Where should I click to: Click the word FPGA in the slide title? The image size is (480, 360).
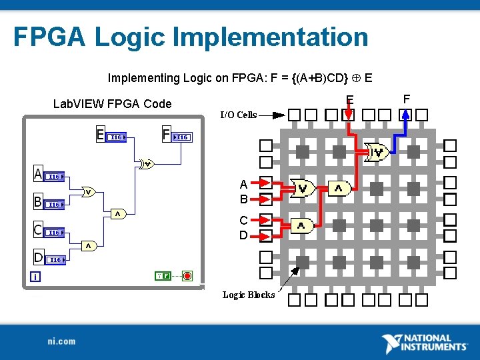click(x=49, y=37)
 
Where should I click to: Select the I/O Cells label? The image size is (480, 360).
click(x=238, y=115)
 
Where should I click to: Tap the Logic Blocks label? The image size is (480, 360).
click(x=248, y=295)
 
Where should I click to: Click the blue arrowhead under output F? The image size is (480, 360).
click(x=404, y=115)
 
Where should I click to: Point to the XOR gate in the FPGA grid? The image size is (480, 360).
click(x=378, y=153)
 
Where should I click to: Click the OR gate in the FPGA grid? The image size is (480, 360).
click(x=303, y=189)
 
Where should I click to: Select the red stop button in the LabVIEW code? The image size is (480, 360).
click(x=187, y=275)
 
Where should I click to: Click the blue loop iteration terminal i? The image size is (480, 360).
click(x=35, y=276)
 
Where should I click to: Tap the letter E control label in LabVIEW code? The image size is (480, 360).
click(x=100, y=135)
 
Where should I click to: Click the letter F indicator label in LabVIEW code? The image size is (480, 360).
click(x=167, y=135)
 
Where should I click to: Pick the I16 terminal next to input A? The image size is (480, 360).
click(x=56, y=177)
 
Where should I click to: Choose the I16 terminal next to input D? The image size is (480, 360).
click(x=56, y=259)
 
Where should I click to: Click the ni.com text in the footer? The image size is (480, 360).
click(x=61, y=341)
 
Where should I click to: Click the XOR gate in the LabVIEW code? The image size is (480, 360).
click(x=146, y=164)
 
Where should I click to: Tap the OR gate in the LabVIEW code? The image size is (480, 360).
click(x=88, y=192)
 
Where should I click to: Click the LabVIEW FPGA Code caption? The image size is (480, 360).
click(x=112, y=104)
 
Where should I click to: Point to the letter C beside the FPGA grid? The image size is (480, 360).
click(x=243, y=221)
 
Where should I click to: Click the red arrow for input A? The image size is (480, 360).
click(x=265, y=183)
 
